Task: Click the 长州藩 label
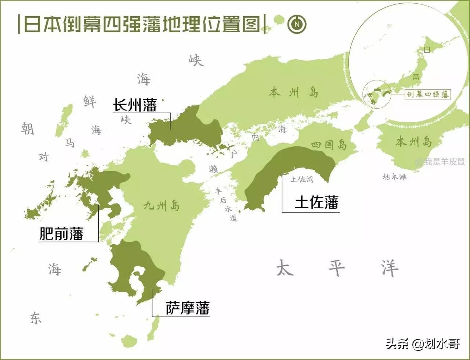tap(135, 105)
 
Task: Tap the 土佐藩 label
tap(317, 202)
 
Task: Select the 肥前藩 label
tap(61, 233)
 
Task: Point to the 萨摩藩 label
tap(187, 308)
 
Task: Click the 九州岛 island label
tap(162, 206)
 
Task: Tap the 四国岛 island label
tap(329, 144)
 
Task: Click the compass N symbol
tap(297, 25)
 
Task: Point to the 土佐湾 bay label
tap(301, 179)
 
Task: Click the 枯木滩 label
tap(394, 177)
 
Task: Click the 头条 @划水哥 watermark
tap(422, 345)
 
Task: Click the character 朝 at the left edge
tap(28, 128)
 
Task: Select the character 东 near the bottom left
tap(36, 318)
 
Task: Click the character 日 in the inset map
tap(427, 50)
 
